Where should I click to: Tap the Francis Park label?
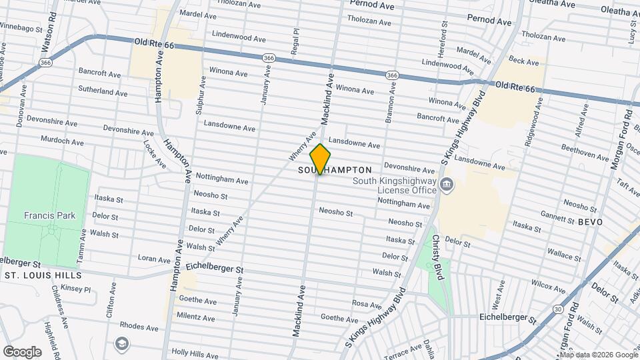click(x=49, y=215)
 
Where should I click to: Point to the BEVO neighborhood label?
click(x=590, y=221)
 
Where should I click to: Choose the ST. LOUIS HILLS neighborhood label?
click(x=43, y=275)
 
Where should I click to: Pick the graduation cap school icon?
click(x=121, y=343)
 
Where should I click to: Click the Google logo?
click(x=22, y=351)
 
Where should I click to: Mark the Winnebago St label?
click(x=21, y=27)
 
